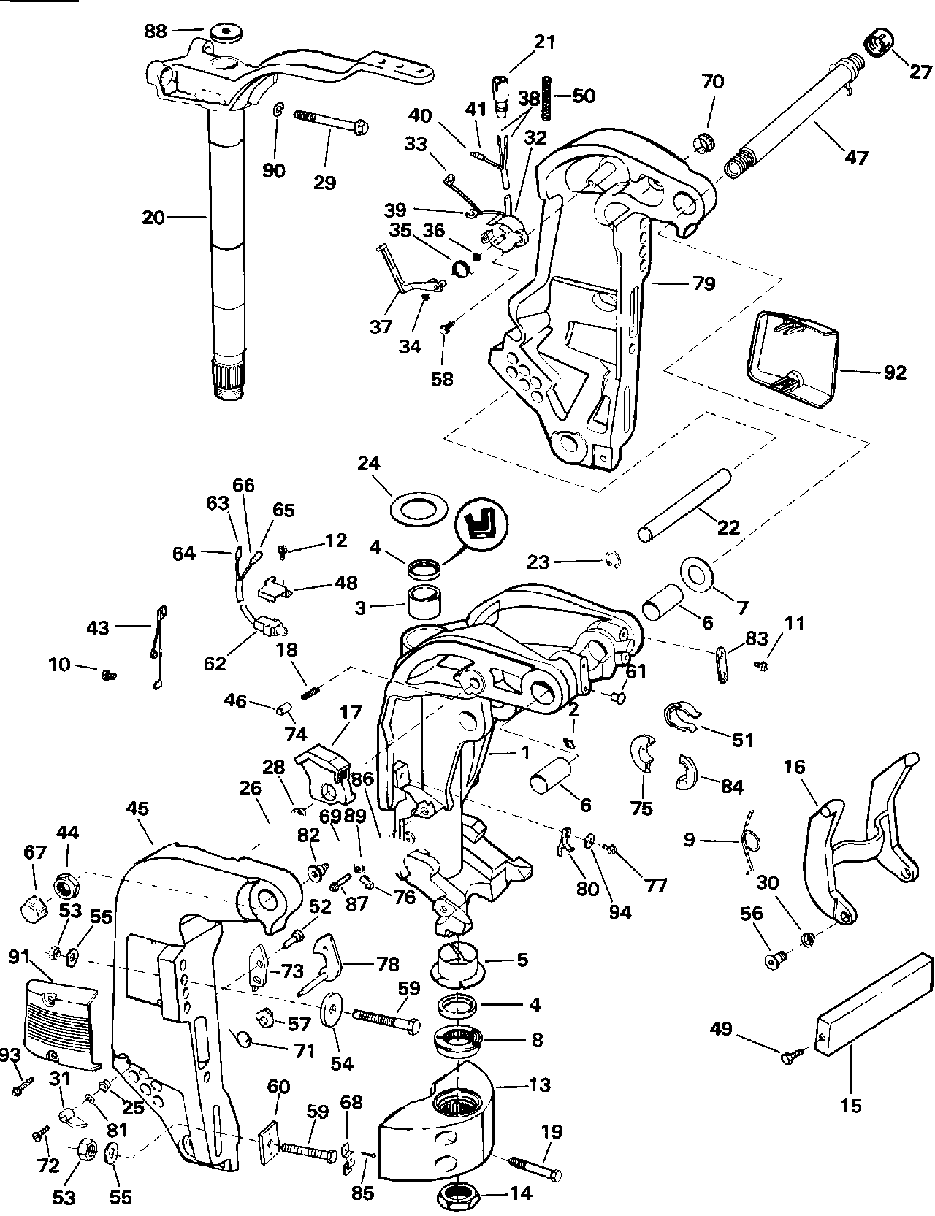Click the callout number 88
pos(155,31)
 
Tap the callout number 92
pos(894,372)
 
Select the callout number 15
pos(851,1106)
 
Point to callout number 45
pos(137,808)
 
